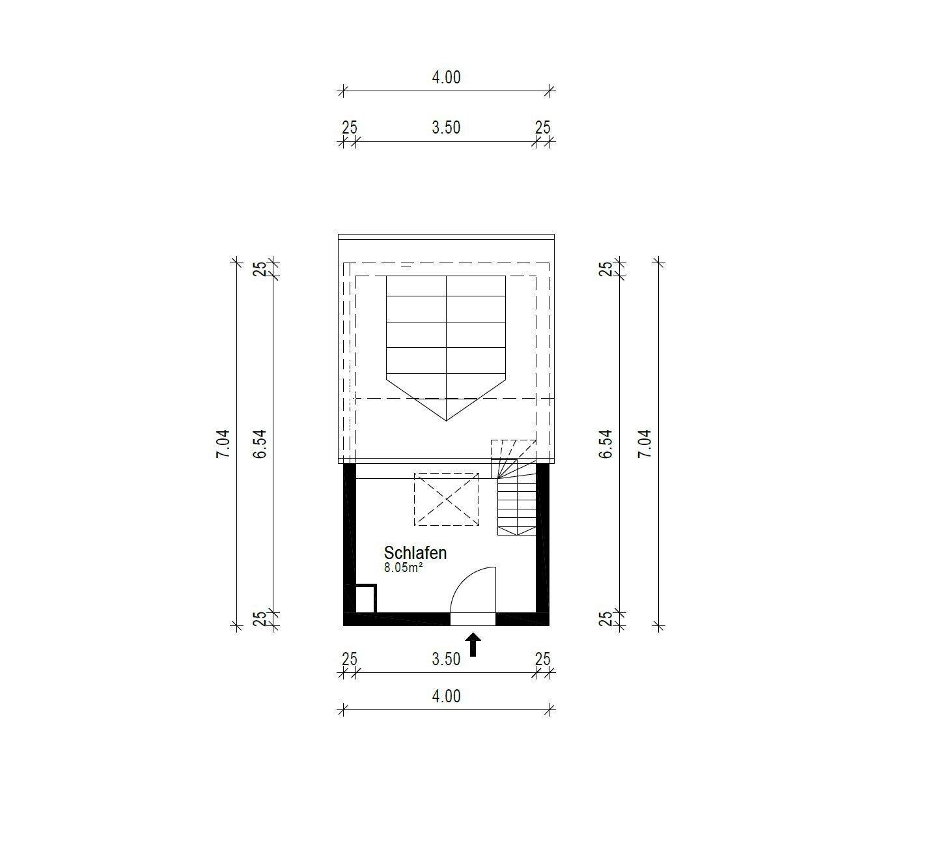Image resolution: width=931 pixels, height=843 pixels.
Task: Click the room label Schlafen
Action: click(x=415, y=552)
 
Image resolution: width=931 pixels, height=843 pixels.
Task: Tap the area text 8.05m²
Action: click(x=403, y=567)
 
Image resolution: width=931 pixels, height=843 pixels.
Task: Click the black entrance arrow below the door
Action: click(x=473, y=645)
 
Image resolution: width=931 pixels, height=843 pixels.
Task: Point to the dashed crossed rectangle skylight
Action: click(x=446, y=499)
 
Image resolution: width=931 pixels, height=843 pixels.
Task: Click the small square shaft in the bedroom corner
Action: click(x=365, y=599)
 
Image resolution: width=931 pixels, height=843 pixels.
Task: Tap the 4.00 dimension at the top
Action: click(x=446, y=77)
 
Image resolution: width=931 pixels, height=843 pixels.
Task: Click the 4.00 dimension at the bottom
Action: click(x=446, y=696)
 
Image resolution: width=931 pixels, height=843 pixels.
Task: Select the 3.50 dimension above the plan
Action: click(x=446, y=127)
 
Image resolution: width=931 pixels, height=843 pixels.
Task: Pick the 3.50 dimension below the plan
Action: click(x=446, y=659)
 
